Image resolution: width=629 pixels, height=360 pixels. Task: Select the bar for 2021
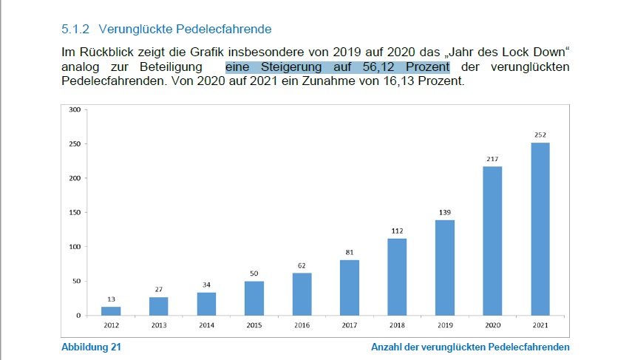540,229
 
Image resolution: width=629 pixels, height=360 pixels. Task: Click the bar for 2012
111,311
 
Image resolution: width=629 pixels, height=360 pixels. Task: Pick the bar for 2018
397,277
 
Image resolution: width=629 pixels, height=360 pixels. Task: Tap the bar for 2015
254,299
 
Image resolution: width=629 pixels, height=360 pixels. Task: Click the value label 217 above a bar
492,159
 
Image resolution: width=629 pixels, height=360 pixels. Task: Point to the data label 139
444,213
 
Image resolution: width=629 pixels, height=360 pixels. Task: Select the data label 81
350,252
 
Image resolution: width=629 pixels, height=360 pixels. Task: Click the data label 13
111,299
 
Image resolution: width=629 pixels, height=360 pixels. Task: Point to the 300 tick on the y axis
74,109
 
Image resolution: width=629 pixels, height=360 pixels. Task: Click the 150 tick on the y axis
74,213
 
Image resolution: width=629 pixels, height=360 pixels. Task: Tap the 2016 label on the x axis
302,325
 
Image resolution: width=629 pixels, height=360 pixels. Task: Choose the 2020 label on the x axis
492,325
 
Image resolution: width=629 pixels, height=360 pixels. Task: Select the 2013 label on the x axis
158,325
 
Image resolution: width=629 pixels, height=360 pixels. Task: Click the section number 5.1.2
75,30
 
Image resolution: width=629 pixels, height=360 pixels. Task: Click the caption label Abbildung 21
91,347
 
